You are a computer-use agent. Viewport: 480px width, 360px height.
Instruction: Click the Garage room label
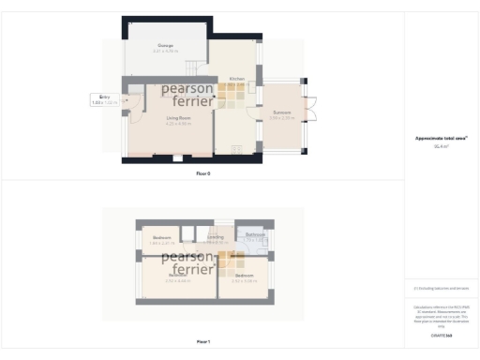[164, 45]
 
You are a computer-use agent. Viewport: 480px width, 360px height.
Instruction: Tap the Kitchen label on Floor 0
[236, 80]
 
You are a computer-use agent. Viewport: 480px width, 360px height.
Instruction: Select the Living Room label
[179, 117]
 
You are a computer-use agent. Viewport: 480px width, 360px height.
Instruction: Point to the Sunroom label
[281, 112]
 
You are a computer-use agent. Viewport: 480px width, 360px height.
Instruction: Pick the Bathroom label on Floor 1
[249, 234]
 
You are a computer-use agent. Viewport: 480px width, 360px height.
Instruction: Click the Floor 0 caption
[203, 174]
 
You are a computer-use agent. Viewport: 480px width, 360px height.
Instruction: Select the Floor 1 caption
[203, 342]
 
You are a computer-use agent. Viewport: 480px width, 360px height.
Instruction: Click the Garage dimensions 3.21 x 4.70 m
[164, 51]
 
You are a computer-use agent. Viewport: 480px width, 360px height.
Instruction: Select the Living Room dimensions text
[179, 123]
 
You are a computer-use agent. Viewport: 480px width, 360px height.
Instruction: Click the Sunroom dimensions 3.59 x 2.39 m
[281, 118]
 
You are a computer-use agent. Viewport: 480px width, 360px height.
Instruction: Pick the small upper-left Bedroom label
[162, 238]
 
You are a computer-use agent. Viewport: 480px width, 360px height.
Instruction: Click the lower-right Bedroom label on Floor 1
[245, 276]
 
